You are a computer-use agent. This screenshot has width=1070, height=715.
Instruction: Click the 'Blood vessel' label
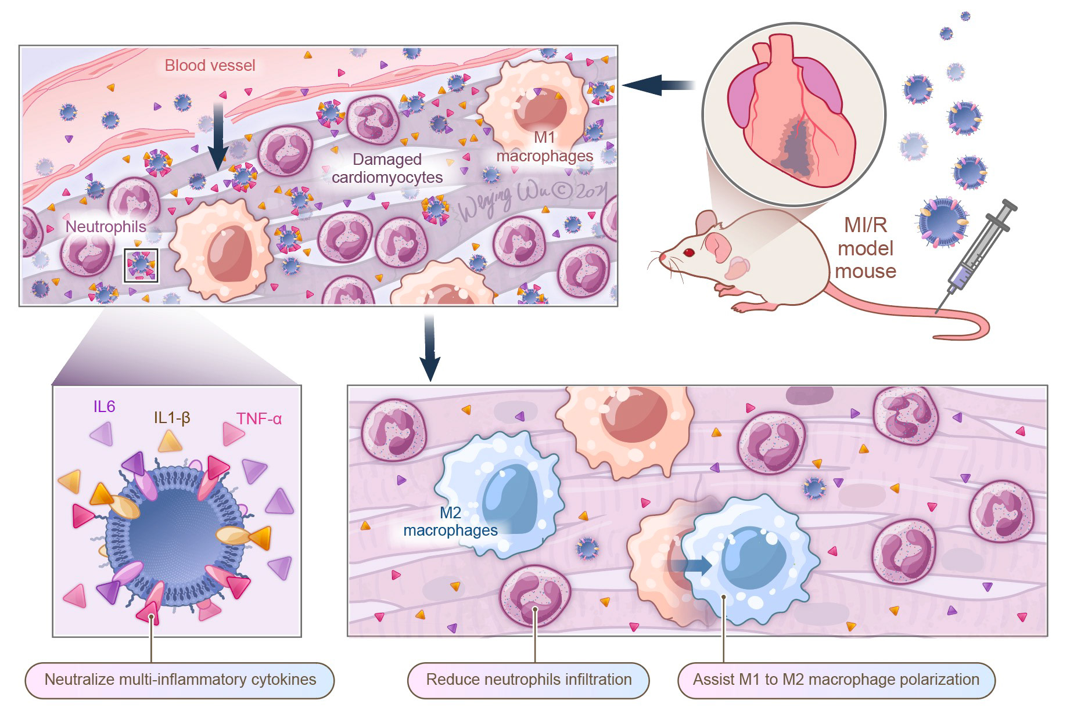tap(210, 65)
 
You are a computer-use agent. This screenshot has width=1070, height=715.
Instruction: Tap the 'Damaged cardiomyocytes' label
tap(387, 168)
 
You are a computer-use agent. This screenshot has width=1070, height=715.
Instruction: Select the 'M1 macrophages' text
tap(544, 147)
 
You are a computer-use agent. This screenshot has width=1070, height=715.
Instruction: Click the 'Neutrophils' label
tap(106, 226)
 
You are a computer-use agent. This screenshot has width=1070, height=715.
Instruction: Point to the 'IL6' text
tap(104, 406)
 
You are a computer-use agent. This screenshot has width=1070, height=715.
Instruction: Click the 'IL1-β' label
tap(172, 417)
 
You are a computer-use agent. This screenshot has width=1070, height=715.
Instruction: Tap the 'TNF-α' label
tap(258, 418)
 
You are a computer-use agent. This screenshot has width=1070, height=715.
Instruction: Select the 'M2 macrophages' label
tap(450, 521)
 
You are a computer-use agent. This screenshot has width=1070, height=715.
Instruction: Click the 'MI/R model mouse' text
tap(865, 248)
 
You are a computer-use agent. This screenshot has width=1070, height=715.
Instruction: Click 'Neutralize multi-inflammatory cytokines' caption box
tap(180, 680)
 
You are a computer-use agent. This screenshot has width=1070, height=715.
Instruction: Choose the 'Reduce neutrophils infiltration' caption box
tap(529, 680)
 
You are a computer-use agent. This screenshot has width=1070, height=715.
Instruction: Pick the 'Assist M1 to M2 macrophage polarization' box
tap(836, 680)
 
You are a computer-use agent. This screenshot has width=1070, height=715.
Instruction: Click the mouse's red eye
tap(689, 252)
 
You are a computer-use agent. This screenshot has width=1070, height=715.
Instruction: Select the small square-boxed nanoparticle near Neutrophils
tap(141, 265)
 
